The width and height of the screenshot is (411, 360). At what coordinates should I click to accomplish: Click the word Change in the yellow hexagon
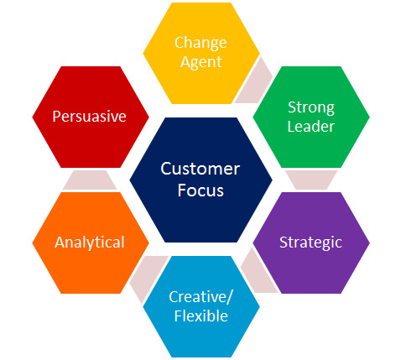tap(200, 44)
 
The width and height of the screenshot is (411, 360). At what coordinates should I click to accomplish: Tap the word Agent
tap(200, 62)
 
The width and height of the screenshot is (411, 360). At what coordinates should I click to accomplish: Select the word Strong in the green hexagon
tap(311, 107)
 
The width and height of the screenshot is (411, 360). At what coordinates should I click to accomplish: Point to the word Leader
tap(311, 126)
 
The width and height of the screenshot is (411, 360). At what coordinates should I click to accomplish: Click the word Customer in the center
tap(200, 169)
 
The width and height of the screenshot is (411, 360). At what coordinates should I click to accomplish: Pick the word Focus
tap(200, 190)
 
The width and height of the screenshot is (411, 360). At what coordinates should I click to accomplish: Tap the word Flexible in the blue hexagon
tap(201, 316)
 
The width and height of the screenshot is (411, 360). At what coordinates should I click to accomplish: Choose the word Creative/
tap(200, 297)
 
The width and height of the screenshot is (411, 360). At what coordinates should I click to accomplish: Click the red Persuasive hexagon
tap(91, 117)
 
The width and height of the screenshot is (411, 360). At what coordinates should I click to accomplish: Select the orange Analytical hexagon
tap(91, 243)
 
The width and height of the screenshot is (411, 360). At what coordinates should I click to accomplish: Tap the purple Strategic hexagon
tap(311, 243)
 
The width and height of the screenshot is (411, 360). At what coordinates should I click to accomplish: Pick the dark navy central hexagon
tap(200, 180)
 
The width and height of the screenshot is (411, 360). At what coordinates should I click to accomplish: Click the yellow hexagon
tap(201, 53)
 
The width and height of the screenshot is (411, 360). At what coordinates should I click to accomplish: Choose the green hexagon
tap(311, 117)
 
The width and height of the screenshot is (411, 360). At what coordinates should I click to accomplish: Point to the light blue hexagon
tap(201, 306)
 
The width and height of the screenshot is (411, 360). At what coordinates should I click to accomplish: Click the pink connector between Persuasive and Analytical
tap(90, 180)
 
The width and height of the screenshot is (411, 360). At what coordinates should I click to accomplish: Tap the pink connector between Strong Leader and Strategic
tap(311, 180)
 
